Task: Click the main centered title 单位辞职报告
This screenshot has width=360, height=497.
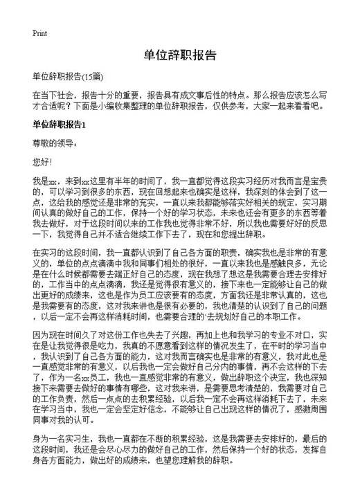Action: [x=180, y=55]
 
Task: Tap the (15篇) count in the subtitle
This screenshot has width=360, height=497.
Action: [x=93, y=76]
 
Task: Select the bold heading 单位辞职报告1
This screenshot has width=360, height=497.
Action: [x=59, y=125]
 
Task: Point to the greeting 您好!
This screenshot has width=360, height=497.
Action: [x=42, y=162]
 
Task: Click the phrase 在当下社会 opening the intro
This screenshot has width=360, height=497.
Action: [x=53, y=94]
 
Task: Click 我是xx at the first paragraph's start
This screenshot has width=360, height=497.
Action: [x=43, y=180]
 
